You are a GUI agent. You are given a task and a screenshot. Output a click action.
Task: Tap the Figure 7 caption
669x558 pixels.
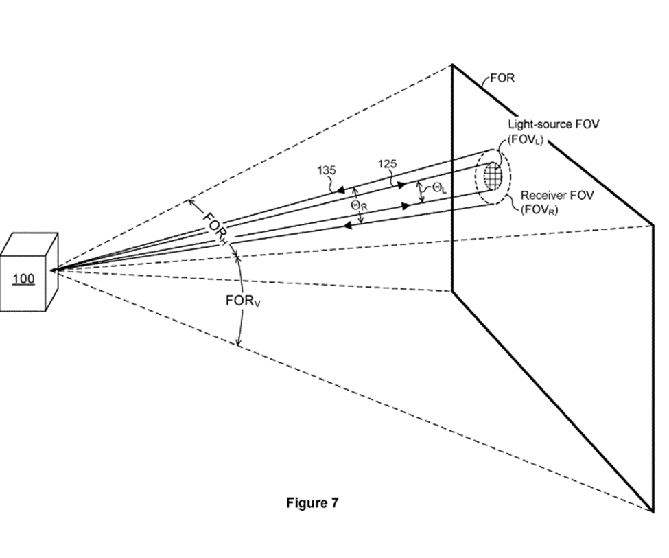point(312,503)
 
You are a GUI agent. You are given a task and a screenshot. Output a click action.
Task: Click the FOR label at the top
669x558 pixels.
point(502,78)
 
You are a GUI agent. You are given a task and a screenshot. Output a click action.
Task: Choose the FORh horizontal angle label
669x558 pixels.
point(213,226)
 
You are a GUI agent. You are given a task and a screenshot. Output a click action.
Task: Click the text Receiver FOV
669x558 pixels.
point(557,196)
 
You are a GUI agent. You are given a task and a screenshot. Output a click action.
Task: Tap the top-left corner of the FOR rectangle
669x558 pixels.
point(451,65)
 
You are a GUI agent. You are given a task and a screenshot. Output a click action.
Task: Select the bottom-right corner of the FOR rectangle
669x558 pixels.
point(653,511)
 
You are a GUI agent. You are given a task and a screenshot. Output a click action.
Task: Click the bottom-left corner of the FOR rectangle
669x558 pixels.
point(451,292)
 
